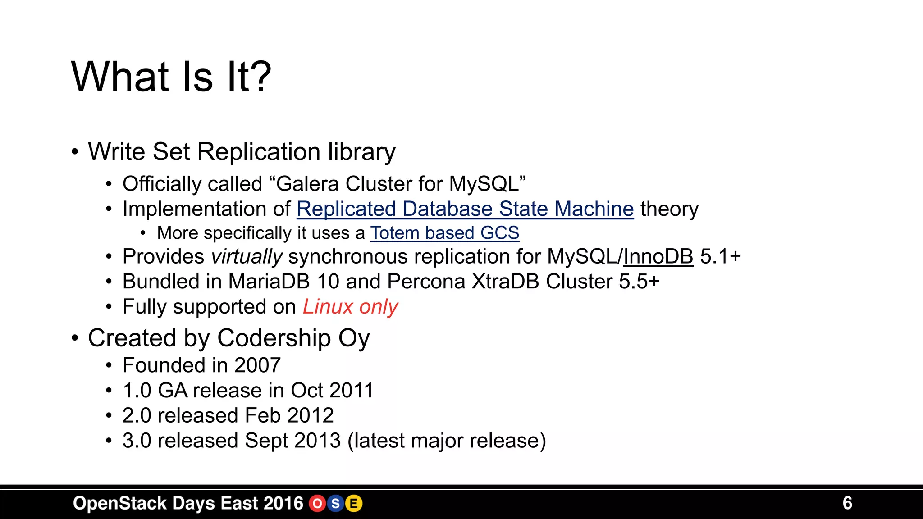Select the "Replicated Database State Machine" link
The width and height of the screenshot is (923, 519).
pos(465,209)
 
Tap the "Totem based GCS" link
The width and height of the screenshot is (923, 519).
pos(444,233)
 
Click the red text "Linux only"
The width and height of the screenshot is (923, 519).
pos(350,307)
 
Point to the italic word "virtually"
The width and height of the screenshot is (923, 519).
pos(247,257)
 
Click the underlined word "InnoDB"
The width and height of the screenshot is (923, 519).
pos(658,257)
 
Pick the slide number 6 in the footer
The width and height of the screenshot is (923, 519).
pos(847,503)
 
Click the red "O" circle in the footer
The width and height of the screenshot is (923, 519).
pos(317,503)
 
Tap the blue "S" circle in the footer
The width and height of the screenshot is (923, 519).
pos(336,503)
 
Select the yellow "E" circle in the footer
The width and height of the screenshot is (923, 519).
pos(354,503)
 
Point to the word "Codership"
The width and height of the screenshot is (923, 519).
pos(274,338)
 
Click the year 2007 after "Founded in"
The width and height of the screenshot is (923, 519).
pos(257,365)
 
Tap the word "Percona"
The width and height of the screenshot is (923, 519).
pos(426,282)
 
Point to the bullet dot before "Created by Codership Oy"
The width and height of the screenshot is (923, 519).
pos(75,338)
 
